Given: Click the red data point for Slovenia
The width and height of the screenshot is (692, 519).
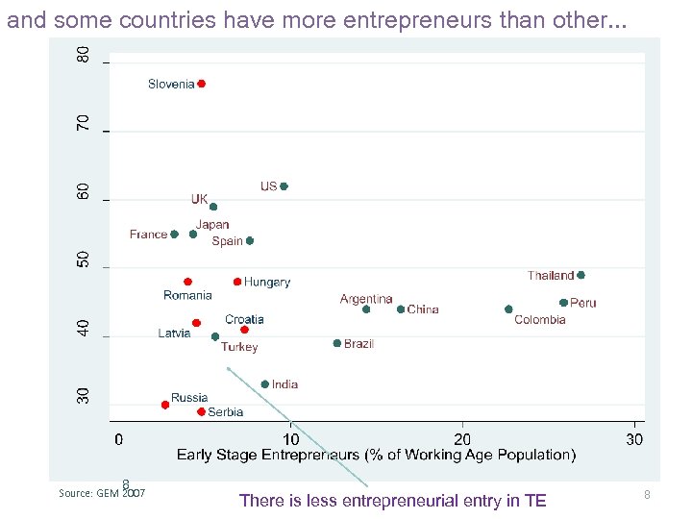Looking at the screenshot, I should [x=201, y=84].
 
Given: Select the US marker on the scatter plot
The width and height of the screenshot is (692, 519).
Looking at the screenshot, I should [x=284, y=186].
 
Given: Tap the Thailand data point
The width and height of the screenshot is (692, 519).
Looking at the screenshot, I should [x=581, y=275].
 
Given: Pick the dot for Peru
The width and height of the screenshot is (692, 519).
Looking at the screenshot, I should [x=563, y=303].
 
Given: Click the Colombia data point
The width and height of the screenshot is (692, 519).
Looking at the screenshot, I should [x=508, y=309].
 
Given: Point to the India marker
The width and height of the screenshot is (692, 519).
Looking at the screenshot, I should [x=265, y=384].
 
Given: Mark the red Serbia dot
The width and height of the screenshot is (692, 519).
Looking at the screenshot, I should [x=201, y=411].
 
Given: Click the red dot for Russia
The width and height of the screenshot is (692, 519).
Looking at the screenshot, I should [x=165, y=405].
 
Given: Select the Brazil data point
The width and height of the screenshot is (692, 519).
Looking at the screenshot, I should [x=336, y=343].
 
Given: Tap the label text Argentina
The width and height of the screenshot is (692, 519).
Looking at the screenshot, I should [x=366, y=299].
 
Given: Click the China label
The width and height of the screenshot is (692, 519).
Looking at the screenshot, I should [x=423, y=309].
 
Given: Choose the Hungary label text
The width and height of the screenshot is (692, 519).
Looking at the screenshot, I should [x=266, y=283].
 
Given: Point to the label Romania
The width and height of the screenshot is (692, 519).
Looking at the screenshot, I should [x=187, y=296].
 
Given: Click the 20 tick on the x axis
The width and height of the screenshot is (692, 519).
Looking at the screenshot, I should [x=462, y=439].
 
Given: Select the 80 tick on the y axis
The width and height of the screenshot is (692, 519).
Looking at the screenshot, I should [x=85, y=56].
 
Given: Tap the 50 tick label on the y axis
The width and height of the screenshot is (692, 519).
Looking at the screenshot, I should [x=85, y=260].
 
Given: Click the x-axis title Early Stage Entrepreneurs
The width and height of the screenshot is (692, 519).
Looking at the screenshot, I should [x=376, y=455].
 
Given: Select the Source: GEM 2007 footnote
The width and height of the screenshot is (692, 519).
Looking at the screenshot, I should [x=102, y=493].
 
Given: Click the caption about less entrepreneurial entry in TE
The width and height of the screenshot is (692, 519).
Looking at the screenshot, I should [x=392, y=501].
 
